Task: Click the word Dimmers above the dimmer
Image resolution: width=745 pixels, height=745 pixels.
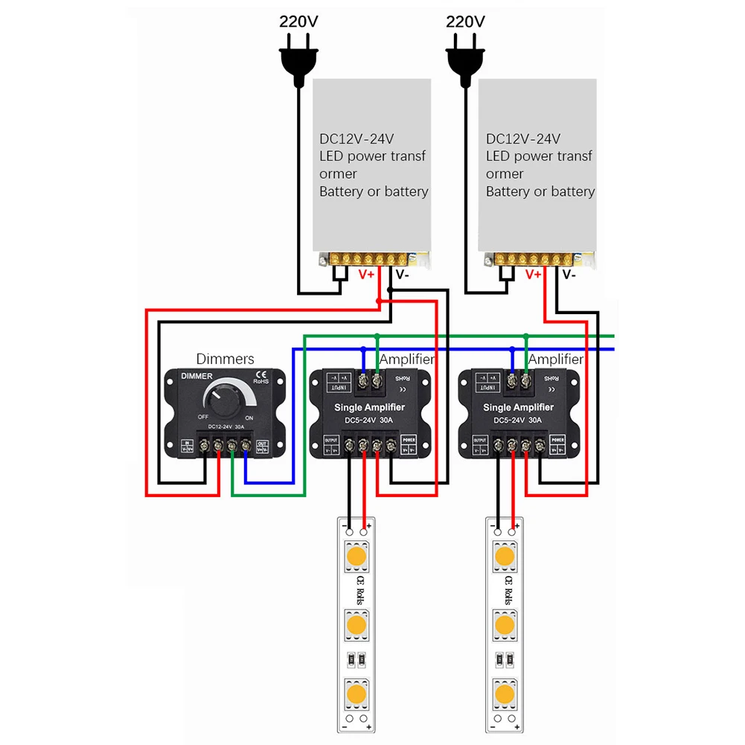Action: [225, 359]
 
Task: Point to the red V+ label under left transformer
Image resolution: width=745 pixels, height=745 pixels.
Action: [368, 274]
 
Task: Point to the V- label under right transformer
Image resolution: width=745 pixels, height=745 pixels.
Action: [569, 274]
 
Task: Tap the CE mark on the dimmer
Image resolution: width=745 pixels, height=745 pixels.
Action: [261, 374]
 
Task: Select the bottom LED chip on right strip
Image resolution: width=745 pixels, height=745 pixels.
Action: [505, 694]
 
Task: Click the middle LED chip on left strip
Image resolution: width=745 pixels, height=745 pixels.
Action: [356, 624]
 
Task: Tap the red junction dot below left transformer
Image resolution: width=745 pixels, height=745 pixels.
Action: [379, 301]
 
